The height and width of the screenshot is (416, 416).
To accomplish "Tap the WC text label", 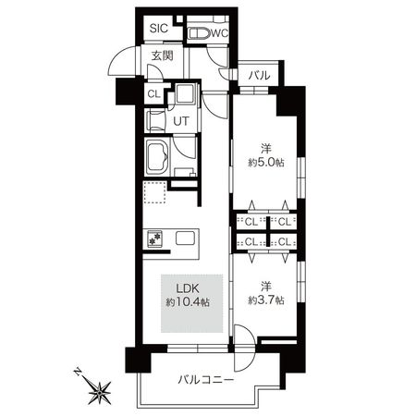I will click(219, 34).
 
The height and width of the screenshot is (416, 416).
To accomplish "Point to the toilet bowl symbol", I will click(196, 33).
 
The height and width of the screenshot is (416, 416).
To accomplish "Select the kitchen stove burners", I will click(153, 239).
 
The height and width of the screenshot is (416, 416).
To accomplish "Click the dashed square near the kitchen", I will click(153, 195).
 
